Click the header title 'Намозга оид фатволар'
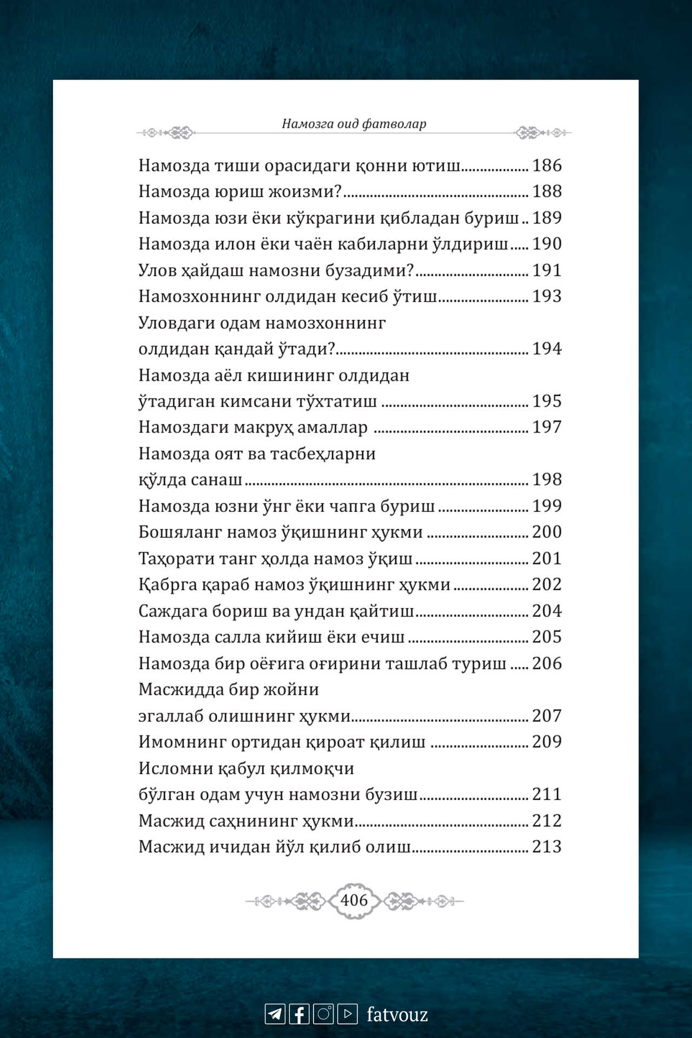354,124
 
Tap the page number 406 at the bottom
354,900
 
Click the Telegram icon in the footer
275,1014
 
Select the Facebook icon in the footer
300,1014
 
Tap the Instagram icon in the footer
323,1014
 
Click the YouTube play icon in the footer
348,1014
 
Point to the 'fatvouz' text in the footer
397,1014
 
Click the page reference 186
547,165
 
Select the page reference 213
547,847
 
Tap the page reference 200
547,532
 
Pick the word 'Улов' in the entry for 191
157,270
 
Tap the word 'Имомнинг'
182,742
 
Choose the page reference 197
547,427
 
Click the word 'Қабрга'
167,585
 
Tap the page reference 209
547,742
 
